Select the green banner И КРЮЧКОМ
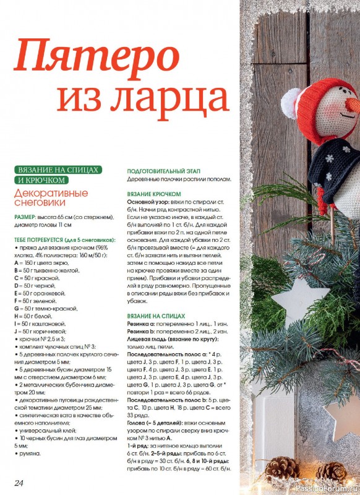click(40, 180)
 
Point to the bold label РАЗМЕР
click(25, 217)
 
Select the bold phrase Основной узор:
click(147, 202)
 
